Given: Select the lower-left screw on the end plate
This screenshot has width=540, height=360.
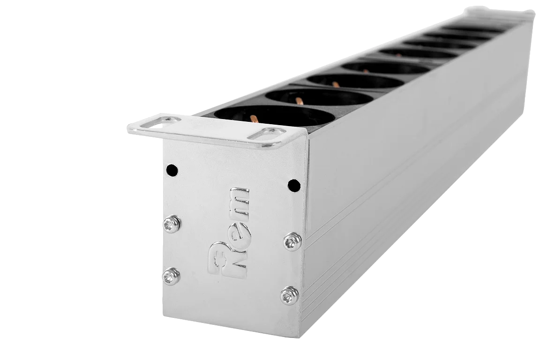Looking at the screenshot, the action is click(171, 276).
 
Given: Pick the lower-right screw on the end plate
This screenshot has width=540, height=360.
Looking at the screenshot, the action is click(290, 295).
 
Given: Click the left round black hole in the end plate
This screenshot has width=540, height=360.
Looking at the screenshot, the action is click(172, 170).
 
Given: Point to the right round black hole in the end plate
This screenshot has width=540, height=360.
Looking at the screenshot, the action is click(294, 185).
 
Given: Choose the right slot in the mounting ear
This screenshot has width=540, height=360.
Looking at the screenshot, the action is click(268, 133).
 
